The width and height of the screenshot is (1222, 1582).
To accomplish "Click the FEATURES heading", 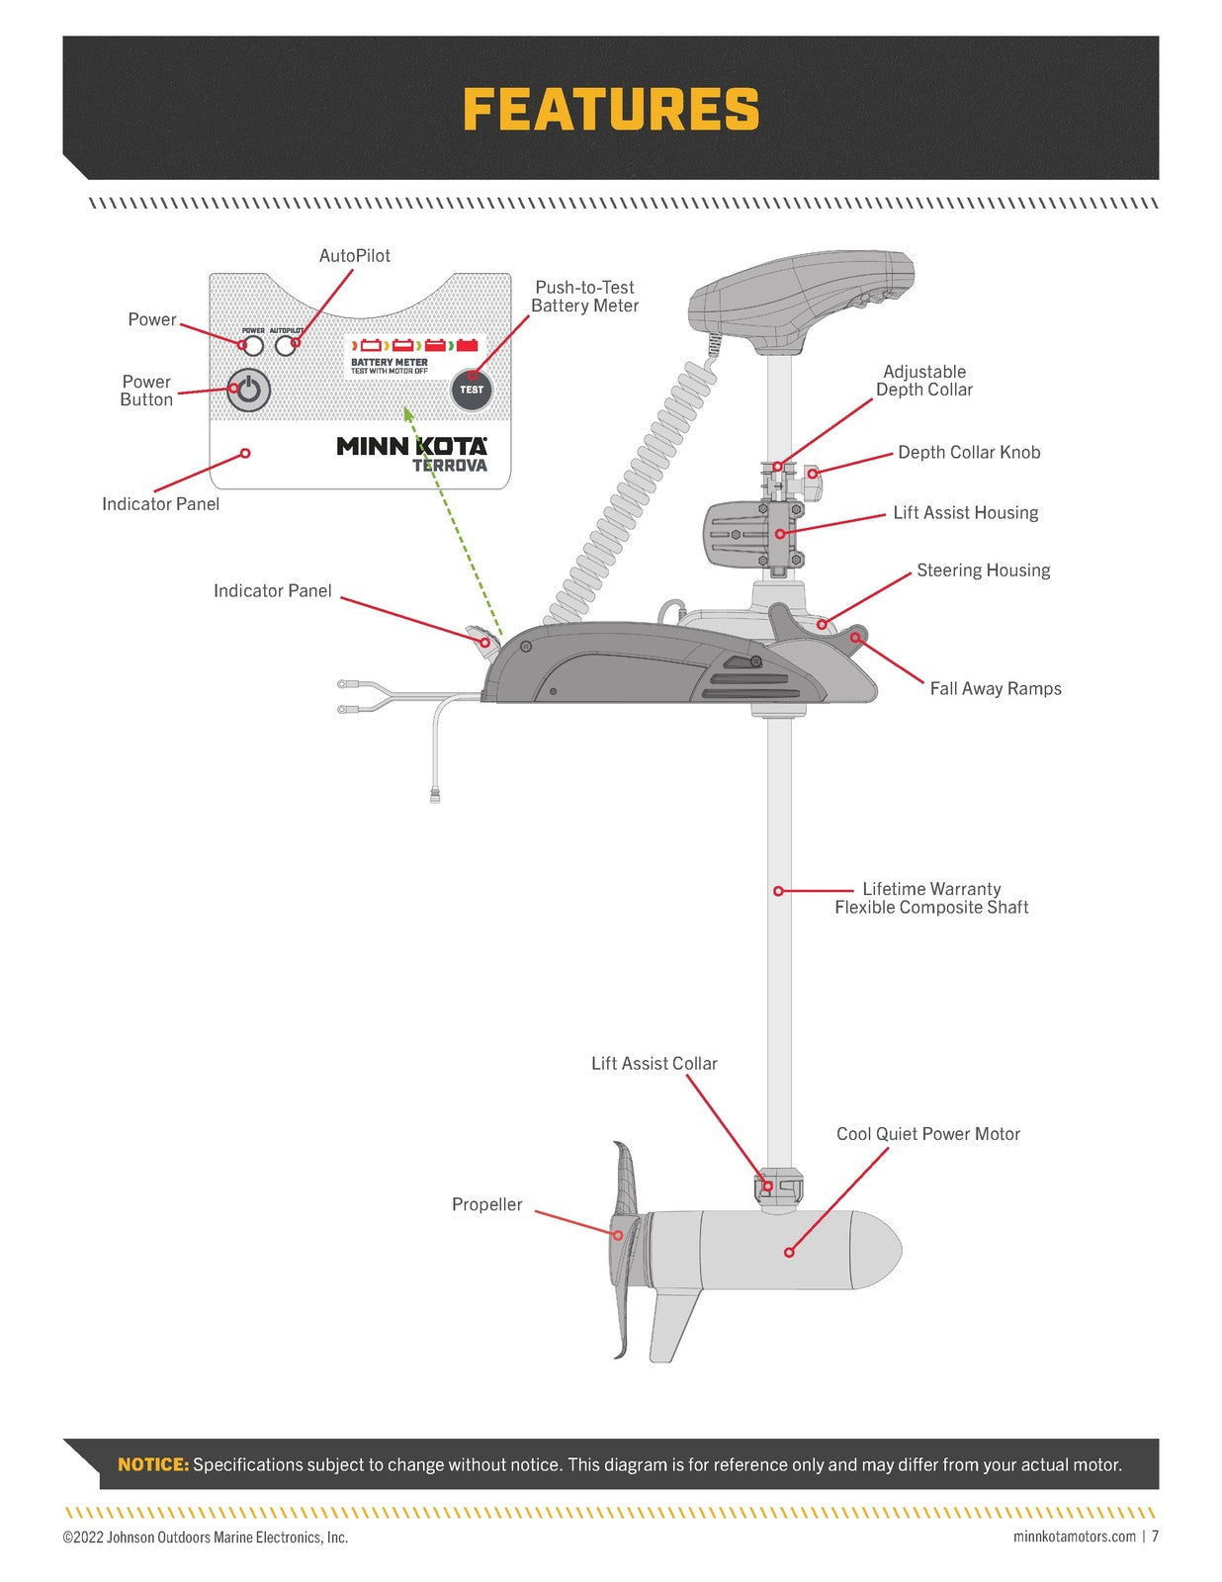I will click(610, 109).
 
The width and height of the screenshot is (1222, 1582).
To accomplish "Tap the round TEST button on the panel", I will click(472, 390).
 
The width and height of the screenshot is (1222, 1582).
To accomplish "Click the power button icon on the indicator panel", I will click(249, 391).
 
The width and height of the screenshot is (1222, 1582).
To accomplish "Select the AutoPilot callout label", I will click(354, 256).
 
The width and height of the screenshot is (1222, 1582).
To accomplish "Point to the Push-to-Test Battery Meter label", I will click(584, 297).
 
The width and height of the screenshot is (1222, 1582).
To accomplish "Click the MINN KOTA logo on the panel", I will click(411, 446).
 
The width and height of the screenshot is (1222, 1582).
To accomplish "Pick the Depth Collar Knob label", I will click(968, 453).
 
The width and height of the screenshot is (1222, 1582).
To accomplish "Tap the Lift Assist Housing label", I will click(965, 513).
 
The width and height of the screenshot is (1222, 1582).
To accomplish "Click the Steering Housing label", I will click(983, 571).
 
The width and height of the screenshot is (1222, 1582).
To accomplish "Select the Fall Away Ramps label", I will click(995, 689).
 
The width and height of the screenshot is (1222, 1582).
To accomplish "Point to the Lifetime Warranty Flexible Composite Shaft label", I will click(931, 899).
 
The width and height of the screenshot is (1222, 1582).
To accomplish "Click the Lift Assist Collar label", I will click(654, 1064).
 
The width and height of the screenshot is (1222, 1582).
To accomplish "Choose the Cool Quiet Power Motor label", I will click(927, 1134).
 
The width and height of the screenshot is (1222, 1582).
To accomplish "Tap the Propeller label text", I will click(486, 1204).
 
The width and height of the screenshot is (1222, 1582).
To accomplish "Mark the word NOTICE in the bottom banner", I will click(153, 1464).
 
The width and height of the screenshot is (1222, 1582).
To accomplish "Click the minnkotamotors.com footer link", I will click(1074, 1537).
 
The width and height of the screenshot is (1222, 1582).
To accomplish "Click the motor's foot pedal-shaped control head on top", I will click(801, 297).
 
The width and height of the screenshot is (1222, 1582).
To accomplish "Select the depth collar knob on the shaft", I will click(812, 474).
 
